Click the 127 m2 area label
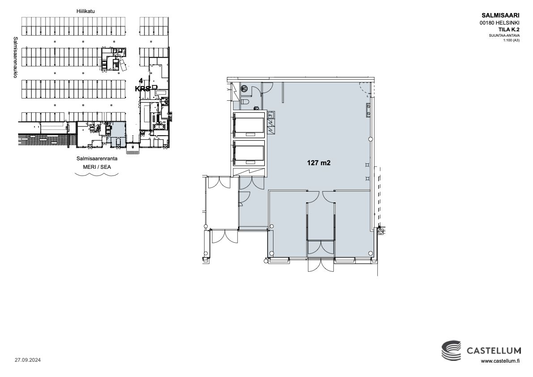click(319, 163)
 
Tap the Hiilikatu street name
click(85, 11)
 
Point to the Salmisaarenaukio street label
click(15, 57)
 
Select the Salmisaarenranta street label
click(97, 159)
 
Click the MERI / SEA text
click(97, 167)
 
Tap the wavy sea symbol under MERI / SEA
click(97, 175)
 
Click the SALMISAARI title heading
click(500, 15)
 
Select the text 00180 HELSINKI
click(499, 23)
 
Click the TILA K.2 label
click(508, 30)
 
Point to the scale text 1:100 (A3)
click(511, 40)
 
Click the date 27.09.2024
click(28, 360)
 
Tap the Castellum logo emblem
click(452, 350)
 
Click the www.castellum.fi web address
click(500, 361)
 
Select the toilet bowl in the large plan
click(245, 102)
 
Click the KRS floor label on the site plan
click(142, 89)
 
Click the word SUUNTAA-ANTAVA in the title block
click(504, 35)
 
